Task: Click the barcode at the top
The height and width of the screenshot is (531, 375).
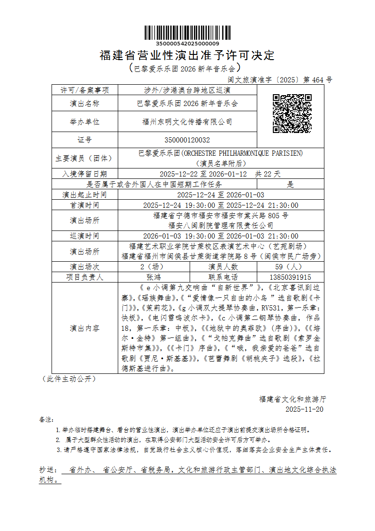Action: pos(187,32)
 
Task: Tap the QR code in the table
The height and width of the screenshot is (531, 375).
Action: pos(292,114)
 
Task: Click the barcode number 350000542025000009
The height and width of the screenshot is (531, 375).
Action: pos(187,44)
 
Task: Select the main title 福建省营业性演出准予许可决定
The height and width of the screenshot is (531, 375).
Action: pos(187,55)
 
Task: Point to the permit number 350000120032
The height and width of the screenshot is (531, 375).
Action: pos(187,140)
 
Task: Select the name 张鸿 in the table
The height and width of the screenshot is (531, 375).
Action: pos(154,277)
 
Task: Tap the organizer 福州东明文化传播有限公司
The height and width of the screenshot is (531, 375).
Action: pos(187,122)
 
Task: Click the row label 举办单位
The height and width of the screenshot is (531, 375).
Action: pos(85,122)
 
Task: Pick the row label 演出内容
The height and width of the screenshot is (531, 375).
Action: pos(85,328)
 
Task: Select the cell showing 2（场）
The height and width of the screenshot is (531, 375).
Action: pos(154,266)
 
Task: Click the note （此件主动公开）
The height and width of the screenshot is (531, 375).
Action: pos(69,379)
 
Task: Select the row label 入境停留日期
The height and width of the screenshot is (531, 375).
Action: pos(85,174)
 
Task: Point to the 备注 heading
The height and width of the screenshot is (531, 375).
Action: pos(46,419)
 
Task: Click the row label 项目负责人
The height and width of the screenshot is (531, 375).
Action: pos(85,277)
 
